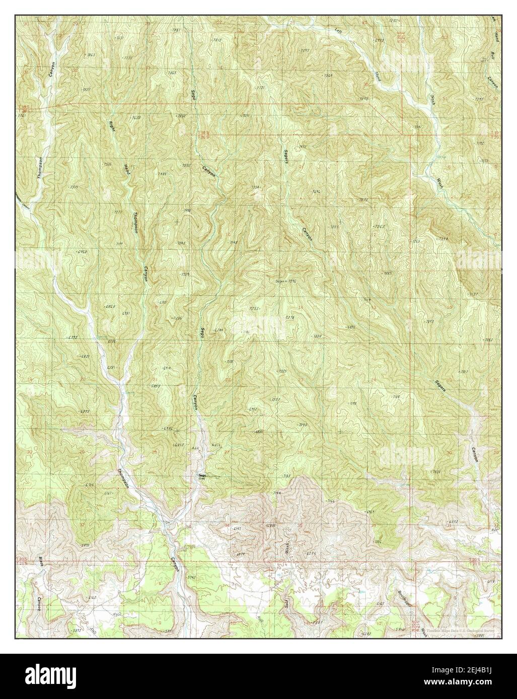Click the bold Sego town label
pos(202,475)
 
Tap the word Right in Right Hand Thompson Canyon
pos(112,126)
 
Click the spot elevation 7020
pos(436,472)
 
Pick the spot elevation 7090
pos(302,425)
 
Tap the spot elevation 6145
pos(381,602)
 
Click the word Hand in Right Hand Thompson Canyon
pos(127,168)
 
